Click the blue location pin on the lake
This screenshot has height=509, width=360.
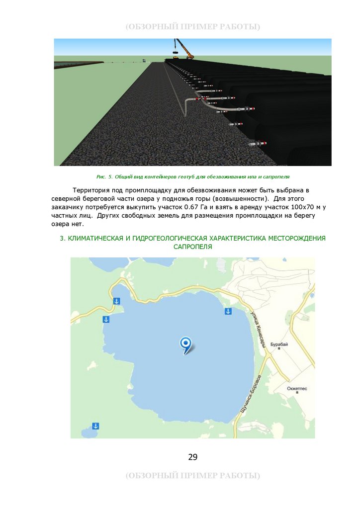tap(186, 343)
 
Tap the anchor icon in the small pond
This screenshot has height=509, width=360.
tap(96, 426)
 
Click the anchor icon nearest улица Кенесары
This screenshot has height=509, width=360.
tap(228, 311)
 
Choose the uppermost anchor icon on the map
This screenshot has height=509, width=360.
tap(116, 301)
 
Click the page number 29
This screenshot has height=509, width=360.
tap(193, 457)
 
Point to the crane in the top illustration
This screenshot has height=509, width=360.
tap(184, 50)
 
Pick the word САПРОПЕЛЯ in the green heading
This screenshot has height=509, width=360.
tap(193, 247)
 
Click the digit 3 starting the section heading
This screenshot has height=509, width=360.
tap(62, 239)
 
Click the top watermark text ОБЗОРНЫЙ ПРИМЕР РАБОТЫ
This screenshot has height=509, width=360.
tap(193, 26)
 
